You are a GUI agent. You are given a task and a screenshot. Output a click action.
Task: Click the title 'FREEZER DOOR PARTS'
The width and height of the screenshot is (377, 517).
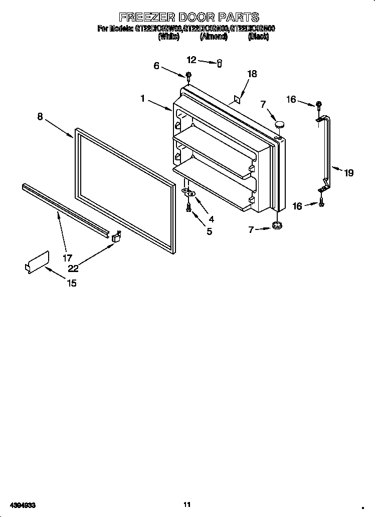pyautogui.click(x=188, y=18)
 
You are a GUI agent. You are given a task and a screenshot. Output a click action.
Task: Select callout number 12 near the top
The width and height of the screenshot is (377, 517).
pyautogui.click(x=192, y=60)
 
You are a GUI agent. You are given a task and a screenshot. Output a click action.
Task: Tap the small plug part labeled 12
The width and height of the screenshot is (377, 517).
pyautogui.click(x=219, y=63)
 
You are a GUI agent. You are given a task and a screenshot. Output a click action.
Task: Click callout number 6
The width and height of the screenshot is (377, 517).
pyautogui.click(x=156, y=66)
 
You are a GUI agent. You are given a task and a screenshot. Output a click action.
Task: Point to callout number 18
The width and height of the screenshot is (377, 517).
pyautogui.click(x=252, y=74)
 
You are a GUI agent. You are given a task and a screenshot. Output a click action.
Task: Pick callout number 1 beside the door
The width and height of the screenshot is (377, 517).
pyautogui.click(x=143, y=99)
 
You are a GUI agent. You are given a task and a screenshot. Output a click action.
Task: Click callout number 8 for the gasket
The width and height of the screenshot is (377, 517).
pyautogui.click(x=40, y=116)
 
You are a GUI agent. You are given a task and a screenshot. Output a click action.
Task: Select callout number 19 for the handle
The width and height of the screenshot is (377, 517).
pyautogui.click(x=348, y=173)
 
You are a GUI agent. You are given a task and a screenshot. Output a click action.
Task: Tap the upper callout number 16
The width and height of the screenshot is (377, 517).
pyautogui.click(x=291, y=100)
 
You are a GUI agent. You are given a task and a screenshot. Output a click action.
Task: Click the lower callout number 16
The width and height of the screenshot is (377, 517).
pyautogui.click(x=297, y=206)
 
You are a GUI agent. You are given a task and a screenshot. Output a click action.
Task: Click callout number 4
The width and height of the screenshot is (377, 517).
pyautogui.click(x=211, y=219)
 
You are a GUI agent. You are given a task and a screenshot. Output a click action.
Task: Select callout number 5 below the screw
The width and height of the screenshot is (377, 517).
pyautogui.click(x=209, y=231)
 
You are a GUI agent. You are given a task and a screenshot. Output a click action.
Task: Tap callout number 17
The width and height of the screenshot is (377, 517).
pyautogui.click(x=67, y=258)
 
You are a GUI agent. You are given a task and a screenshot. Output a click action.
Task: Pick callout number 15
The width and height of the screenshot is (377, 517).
pyautogui.click(x=72, y=283)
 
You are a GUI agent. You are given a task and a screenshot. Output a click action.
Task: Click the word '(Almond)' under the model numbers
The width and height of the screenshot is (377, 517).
pyautogui.click(x=214, y=37)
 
